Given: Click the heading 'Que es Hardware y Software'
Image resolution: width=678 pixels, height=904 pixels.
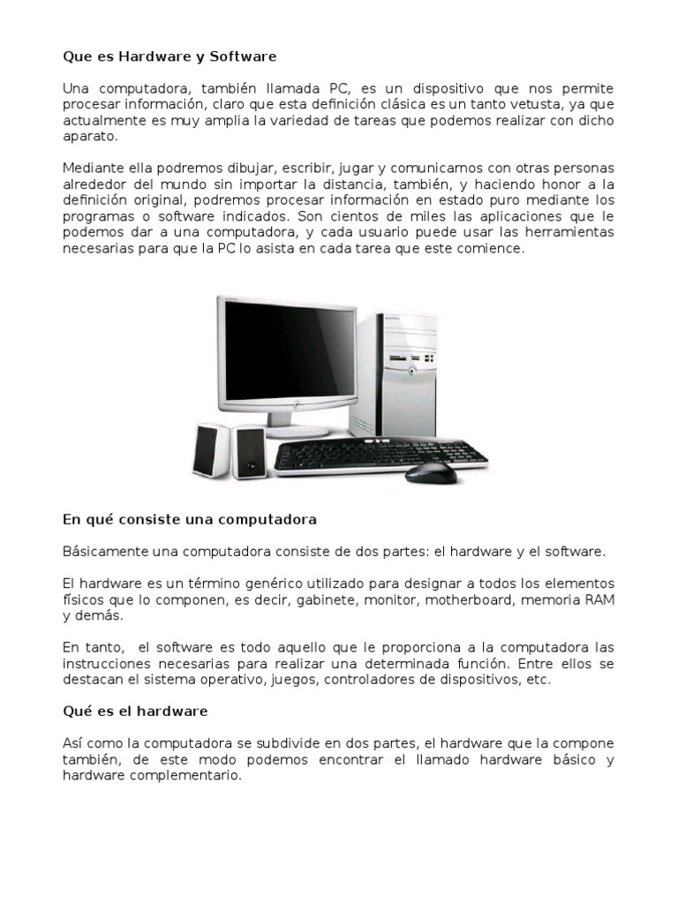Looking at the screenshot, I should (169, 56).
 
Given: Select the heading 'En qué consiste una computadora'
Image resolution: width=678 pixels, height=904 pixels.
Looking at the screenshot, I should (190, 519).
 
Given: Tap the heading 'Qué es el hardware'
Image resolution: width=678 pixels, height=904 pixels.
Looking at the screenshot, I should (135, 711).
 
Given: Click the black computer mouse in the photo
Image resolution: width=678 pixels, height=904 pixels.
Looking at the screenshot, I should (431, 472).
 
